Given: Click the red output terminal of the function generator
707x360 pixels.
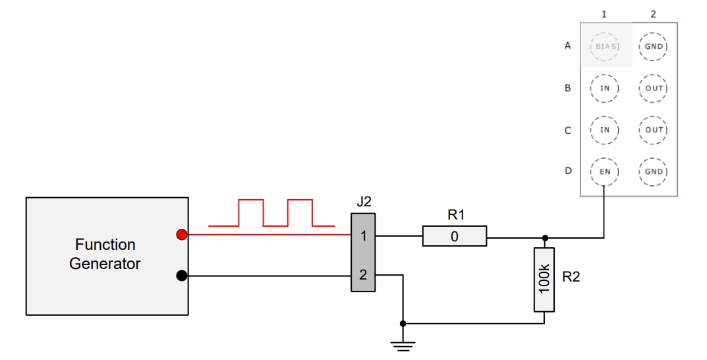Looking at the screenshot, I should tap(182, 235).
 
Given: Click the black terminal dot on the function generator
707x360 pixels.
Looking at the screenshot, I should tap(182, 276).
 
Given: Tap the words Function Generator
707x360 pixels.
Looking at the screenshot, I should tap(105, 254).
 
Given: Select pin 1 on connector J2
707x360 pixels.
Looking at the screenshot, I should tap(362, 235).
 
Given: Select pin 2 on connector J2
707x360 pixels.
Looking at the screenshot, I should tap(362, 276).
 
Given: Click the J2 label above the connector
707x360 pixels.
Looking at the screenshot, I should tap(364, 202).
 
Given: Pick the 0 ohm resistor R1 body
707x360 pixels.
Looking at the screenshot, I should tap(454, 236).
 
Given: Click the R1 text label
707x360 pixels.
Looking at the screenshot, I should tap(456, 214).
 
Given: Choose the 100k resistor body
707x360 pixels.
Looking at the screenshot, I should tap(544, 280).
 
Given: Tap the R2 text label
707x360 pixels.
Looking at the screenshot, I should tap(571, 277).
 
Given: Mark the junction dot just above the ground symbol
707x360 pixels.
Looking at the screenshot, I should tap(403, 324).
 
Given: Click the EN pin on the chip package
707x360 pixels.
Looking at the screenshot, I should tap(604, 171).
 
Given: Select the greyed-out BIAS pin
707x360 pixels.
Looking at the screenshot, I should tap(604, 46).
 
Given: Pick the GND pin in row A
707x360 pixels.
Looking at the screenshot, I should tap(653, 46).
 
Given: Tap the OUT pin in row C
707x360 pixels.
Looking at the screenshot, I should tap(653, 130).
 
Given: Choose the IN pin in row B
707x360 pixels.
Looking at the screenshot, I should tap(604, 88).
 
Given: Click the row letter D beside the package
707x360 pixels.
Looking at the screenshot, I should tap(567, 171).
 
